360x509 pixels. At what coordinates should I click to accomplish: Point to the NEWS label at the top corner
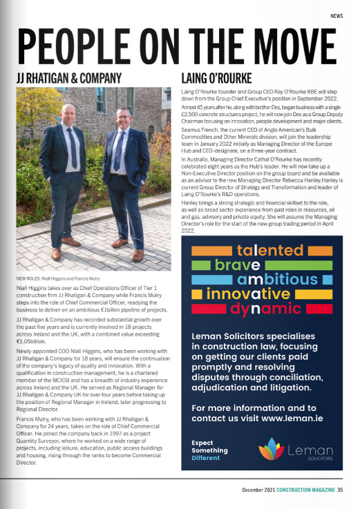click(x=337, y=15)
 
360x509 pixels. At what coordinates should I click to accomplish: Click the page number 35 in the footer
click(x=340, y=492)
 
